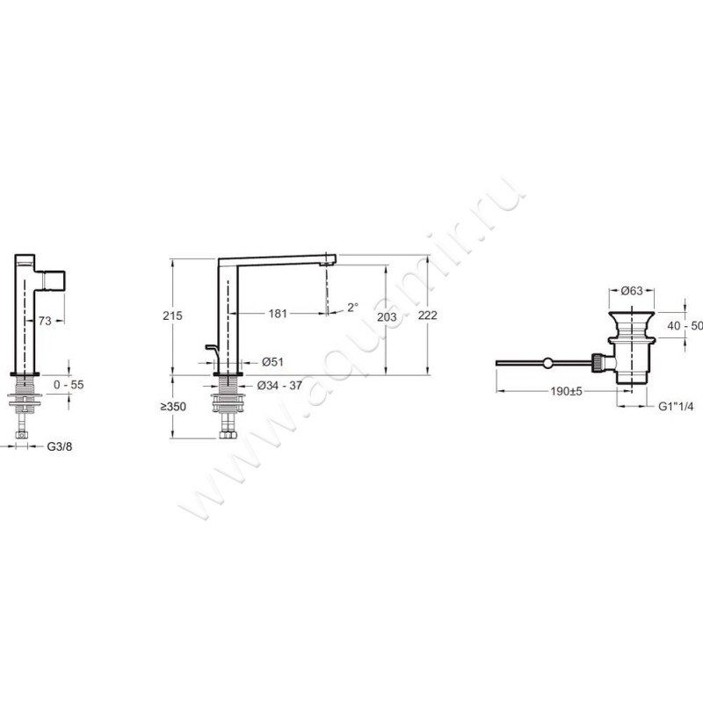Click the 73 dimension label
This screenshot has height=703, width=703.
point(45,321)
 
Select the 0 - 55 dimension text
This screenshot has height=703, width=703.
point(69,385)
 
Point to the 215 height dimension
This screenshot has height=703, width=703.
point(172,315)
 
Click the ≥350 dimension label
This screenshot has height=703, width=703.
point(173,407)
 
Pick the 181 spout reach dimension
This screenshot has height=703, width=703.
point(278,314)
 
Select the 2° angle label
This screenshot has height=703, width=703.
point(353,307)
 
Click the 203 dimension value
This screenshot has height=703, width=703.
point(387,317)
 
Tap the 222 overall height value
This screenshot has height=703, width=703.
point(428,315)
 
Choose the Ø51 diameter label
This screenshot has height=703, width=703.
point(272,362)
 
